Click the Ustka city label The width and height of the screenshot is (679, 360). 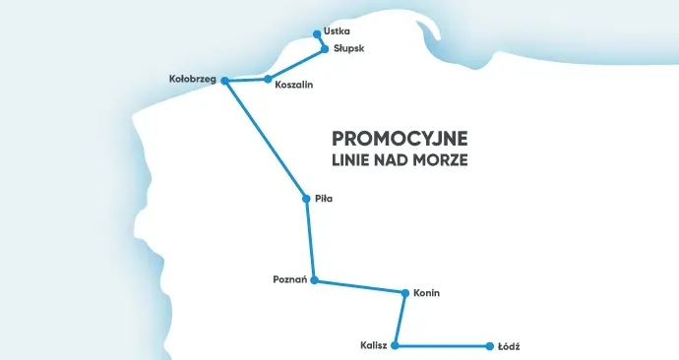(337, 31)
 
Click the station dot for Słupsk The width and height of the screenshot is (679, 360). (326, 49)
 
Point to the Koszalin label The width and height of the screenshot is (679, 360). (294, 86)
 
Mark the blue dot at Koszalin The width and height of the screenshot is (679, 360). (268, 79)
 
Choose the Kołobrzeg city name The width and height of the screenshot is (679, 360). (193, 79)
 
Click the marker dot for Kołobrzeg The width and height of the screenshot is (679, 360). (224, 80)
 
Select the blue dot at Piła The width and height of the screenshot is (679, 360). (306, 199)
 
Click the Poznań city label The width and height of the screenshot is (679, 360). (289, 280)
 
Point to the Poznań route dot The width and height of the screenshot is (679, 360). (314, 280)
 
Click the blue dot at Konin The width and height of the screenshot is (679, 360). (405, 292)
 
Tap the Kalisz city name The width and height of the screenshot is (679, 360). (375, 346)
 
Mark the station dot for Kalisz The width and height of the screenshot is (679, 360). (396, 346)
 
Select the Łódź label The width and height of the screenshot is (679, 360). (509, 346)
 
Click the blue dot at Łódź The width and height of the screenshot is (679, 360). (489, 346)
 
